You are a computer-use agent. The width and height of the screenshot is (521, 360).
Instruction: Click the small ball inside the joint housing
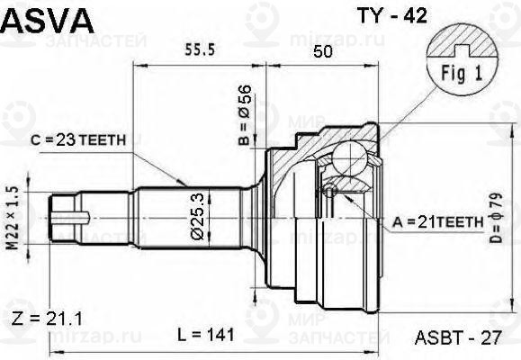(x=331, y=191)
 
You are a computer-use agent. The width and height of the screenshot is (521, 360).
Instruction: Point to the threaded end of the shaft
(x=67, y=215)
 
